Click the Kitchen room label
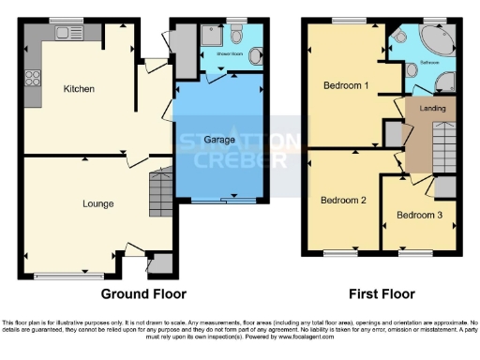click(x=81, y=89)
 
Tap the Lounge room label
click(x=97, y=203)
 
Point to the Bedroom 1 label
click(x=345, y=85)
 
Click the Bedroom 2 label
click(x=342, y=200)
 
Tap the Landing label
click(x=433, y=109)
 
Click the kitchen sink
click(x=67, y=34)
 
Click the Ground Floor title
click(x=139, y=292)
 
